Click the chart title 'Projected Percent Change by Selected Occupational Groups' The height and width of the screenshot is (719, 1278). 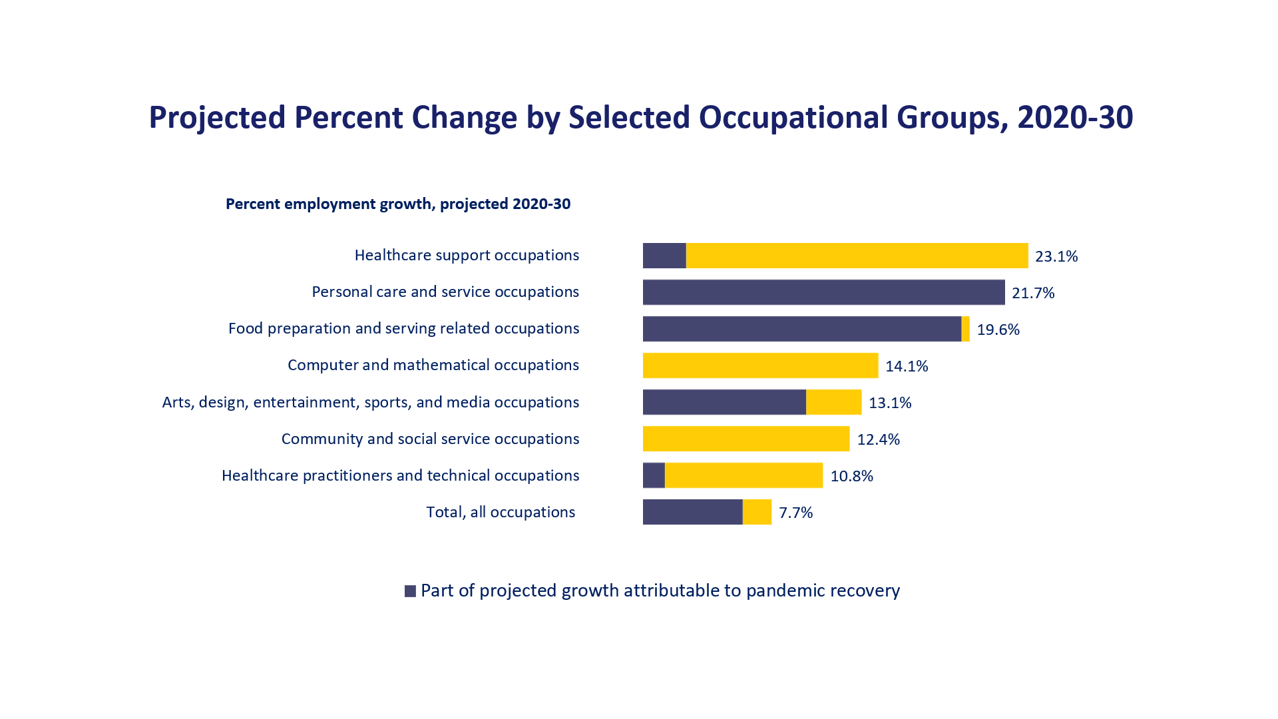click(640, 118)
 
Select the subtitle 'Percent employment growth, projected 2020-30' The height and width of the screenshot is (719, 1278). click(398, 204)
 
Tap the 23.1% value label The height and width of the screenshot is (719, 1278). click(1056, 256)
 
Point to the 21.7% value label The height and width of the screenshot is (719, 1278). click(1033, 293)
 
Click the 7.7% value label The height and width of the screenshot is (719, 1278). click(795, 513)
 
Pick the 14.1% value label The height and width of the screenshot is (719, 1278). click(907, 366)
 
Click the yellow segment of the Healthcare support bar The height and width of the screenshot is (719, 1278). click(857, 256)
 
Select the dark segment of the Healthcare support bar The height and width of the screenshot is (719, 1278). click(664, 256)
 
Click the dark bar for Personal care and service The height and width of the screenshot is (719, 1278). click(823, 292)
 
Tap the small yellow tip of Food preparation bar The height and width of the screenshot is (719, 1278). click(966, 329)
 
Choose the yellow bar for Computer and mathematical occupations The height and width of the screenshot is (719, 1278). click(760, 365)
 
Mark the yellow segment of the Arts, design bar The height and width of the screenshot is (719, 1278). click(833, 402)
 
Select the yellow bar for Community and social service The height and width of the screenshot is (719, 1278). click(746, 439)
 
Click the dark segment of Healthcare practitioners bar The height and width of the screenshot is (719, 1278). click(654, 475)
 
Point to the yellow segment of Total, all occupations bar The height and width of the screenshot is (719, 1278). click(757, 512)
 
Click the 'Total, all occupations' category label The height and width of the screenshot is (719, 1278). click(501, 512)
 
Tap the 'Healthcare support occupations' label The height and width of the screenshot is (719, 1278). click(467, 256)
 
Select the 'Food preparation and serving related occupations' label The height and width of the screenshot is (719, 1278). click(403, 329)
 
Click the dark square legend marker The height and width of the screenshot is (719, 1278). click(410, 591)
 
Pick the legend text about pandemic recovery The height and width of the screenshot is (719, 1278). click(660, 591)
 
